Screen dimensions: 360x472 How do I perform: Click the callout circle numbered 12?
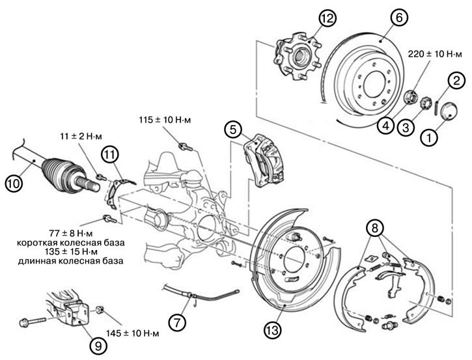click(326, 18)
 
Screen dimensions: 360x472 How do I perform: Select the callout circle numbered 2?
click(456, 81)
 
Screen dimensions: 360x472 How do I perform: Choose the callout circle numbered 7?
click(176, 320)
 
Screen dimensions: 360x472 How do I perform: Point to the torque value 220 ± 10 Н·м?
click(430, 55)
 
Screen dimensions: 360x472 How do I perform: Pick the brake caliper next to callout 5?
click(266, 163)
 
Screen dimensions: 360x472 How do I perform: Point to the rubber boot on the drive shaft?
click(56, 171)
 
